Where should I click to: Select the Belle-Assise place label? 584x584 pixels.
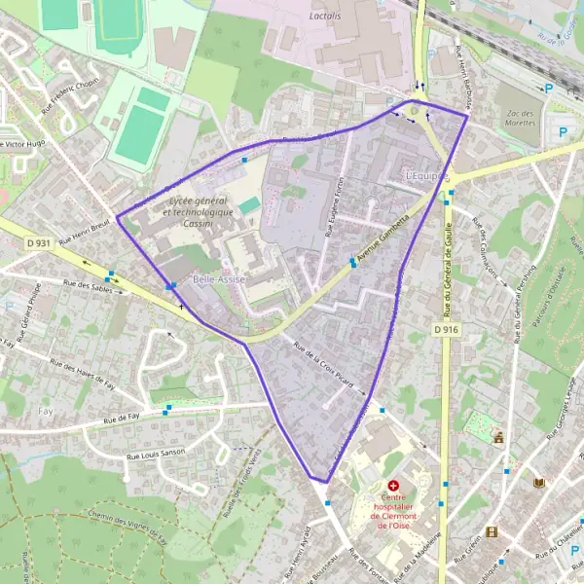pos(219,279)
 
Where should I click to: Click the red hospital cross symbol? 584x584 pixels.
pos(393,485)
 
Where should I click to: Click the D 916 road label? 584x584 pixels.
pos(446,330)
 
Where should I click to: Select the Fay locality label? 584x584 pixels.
pos(45,411)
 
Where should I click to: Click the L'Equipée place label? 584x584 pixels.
pos(428,176)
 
